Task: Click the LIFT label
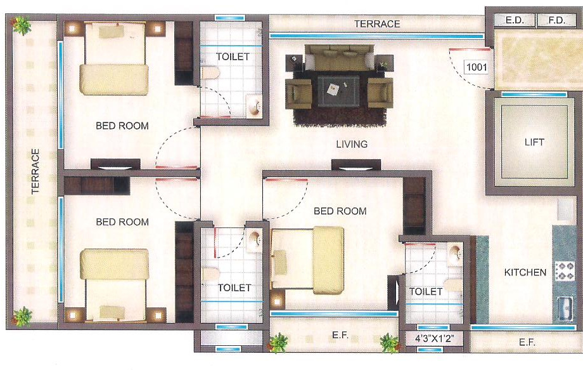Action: click(534, 142)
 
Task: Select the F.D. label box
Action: click(556, 20)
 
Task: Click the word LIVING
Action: click(352, 144)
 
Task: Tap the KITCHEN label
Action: click(525, 272)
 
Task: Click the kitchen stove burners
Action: click(564, 272)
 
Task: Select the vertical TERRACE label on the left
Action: click(35, 171)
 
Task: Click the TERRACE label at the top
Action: click(377, 23)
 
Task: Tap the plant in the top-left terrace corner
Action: click(22, 25)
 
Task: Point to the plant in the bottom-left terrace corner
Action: click(23, 315)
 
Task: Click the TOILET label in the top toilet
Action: click(233, 56)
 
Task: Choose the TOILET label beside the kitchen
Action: click(426, 291)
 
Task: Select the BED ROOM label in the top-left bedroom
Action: click(122, 126)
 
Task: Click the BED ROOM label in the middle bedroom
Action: click(340, 211)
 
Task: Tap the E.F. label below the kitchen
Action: click(527, 342)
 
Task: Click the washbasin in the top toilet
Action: click(254, 106)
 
